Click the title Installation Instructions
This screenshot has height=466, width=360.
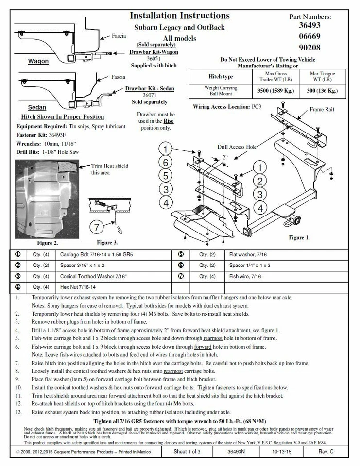click(180, 16)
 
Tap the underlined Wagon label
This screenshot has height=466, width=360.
click(38, 62)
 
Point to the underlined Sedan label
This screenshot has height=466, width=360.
click(37, 107)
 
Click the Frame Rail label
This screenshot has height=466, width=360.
click(322, 110)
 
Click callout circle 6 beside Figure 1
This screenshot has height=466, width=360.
click(166, 162)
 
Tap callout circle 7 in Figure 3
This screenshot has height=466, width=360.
click(97, 227)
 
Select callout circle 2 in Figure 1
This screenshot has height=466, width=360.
click(260, 182)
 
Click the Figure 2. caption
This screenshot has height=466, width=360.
click(48, 243)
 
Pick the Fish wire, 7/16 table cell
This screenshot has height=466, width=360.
click(245, 276)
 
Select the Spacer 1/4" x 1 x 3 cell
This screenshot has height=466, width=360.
click(250, 266)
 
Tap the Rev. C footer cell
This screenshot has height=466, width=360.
click(326, 452)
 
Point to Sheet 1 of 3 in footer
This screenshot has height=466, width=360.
click(187, 452)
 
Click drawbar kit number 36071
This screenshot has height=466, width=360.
click(150, 96)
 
